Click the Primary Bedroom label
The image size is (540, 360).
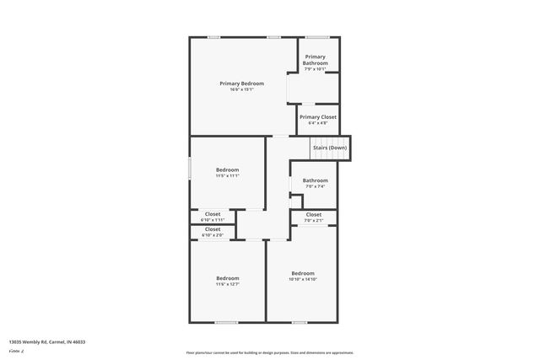click(x=241, y=83)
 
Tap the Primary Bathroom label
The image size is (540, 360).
click(x=316, y=60)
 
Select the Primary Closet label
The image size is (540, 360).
click(x=317, y=117)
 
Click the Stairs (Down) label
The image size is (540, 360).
click(x=329, y=148)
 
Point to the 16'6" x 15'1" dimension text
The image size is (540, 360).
click(x=241, y=90)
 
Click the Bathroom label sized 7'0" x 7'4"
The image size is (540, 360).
click(x=316, y=180)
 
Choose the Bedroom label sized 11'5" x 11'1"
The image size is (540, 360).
click(x=227, y=169)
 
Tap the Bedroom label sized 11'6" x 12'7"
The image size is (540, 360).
click(x=227, y=278)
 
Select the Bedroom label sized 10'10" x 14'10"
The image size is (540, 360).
click(x=303, y=273)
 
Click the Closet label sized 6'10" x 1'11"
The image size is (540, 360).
click(x=213, y=214)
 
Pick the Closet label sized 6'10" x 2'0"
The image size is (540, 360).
click(x=213, y=229)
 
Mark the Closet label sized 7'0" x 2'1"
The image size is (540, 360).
click(x=314, y=214)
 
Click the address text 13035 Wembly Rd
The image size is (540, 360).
click(x=47, y=342)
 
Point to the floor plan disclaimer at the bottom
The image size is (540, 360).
click(x=269, y=352)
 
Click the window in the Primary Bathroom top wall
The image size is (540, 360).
click(x=317, y=36)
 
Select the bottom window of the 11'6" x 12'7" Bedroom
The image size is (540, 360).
click(x=225, y=322)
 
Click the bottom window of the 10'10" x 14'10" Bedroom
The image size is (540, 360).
click(x=300, y=322)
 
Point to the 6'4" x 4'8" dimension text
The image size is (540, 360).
click(x=317, y=123)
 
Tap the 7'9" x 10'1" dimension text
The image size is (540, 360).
click(x=316, y=69)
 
